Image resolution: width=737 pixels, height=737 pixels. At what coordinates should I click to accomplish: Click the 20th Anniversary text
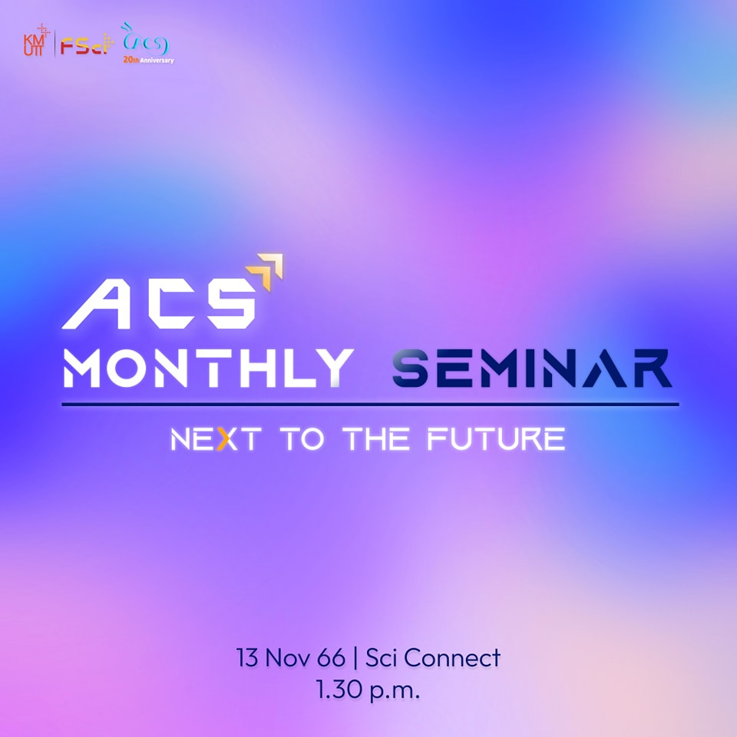[x=148, y=60]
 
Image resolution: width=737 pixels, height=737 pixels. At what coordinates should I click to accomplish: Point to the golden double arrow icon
[x=266, y=271]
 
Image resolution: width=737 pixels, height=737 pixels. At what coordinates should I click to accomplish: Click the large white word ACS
[x=159, y=304]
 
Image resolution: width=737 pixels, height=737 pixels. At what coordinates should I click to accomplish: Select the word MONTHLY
[x=208, y=368]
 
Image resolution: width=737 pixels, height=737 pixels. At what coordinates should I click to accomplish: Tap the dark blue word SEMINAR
[x=532, y=368]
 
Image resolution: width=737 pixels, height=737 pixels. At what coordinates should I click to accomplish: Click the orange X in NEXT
[x=226, y=439]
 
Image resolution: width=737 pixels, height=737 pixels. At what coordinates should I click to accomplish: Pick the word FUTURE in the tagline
[x=496, y=439]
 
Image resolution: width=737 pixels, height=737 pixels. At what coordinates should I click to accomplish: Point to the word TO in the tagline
[x=302, y=439]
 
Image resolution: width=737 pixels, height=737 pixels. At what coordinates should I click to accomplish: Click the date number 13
[x=247, y=658]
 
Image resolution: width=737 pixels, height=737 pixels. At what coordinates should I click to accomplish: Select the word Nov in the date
[x=288, y=658]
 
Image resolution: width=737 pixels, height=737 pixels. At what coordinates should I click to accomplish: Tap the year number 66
[x=332, y=658]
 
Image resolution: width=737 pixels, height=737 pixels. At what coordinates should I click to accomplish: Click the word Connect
[x=452, y=658]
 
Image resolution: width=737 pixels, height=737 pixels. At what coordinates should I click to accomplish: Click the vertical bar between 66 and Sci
[x=355, y=658]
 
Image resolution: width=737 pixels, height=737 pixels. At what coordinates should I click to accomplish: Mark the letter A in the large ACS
[x=97, y=304]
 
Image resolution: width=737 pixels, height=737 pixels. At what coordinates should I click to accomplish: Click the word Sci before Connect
[x=381, y=658]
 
